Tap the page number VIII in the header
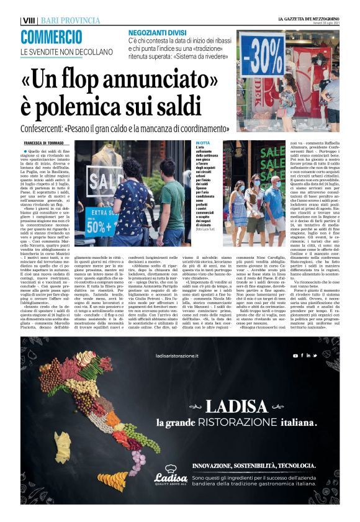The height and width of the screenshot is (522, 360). tap(29, 20)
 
